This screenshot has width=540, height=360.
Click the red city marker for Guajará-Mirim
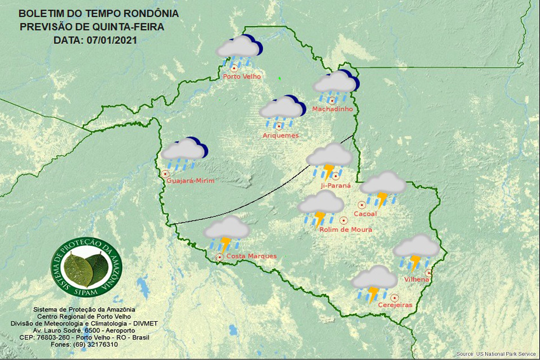165,174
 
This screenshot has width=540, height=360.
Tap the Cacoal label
364,214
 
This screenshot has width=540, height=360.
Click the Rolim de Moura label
345,229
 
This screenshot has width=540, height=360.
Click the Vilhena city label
417,280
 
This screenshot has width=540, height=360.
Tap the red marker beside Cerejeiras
395,297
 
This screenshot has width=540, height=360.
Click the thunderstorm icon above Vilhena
416,250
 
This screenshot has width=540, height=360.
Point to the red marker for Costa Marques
219,258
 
